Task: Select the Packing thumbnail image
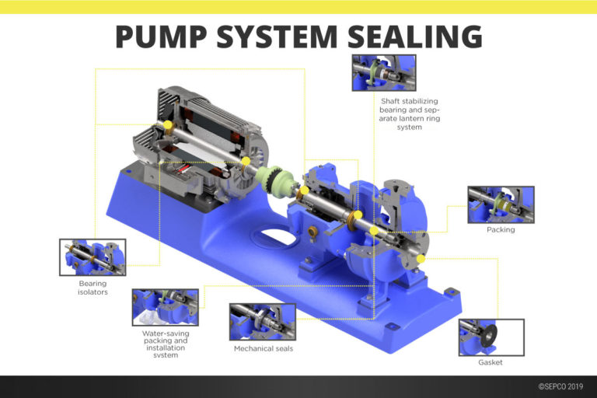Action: point(501,204)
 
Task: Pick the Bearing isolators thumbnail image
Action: point(93,257)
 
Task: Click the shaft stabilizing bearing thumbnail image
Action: point(384,73)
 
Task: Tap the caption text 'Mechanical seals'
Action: point(263,348)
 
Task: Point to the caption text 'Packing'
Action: point(501,229)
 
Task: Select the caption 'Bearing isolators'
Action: point(93,288)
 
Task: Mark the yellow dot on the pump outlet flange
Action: point(421,258)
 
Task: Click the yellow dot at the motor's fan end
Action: point(166,126)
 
